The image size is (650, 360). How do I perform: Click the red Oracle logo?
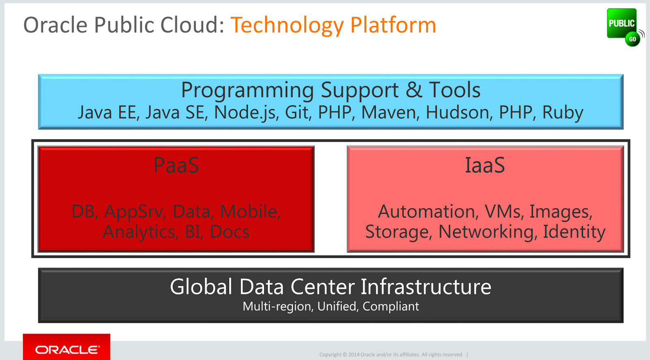tap(67, 347)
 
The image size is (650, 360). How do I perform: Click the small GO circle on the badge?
tap(633, 39)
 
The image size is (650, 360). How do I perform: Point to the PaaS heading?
tap(176, 165)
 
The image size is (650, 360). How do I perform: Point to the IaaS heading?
tap(485, 165)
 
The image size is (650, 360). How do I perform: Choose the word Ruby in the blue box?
tap(563, 113)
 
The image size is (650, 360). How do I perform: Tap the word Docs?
tap(229, 232)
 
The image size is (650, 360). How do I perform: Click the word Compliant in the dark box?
tap(390, 307)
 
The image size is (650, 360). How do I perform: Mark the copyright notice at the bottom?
tap(392, 354)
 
